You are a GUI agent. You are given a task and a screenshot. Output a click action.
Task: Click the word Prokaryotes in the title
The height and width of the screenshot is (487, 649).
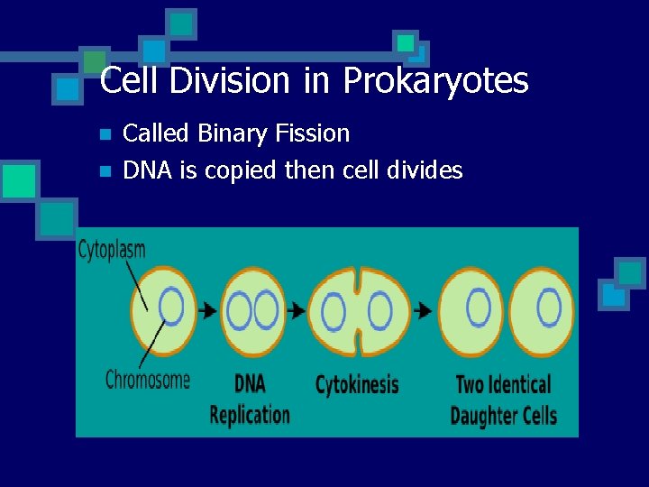[x=435, y=82]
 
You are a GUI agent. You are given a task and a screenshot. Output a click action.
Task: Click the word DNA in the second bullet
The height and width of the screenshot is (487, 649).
[x=145, y=170]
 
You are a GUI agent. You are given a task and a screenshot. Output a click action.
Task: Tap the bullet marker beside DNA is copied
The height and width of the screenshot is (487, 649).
[x=105, y=170]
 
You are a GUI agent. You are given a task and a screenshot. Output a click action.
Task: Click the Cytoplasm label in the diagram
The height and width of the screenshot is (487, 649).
[x=112, y=250]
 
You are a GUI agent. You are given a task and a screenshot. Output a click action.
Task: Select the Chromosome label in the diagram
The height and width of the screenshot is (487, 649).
[x=148, y=379]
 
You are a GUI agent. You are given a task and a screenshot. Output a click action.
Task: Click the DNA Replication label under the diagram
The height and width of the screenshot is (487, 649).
[x=250, y=399]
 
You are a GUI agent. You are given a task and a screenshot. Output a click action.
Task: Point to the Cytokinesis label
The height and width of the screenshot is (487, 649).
[x=357, y=385]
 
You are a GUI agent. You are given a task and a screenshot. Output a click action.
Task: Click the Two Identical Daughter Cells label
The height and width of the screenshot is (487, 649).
[x=503, y=400]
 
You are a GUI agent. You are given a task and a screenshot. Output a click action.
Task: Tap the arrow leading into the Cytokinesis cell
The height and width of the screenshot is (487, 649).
[x=296, y=310]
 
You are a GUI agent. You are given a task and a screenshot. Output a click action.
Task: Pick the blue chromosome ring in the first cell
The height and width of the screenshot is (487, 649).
[x=171, y=306]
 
